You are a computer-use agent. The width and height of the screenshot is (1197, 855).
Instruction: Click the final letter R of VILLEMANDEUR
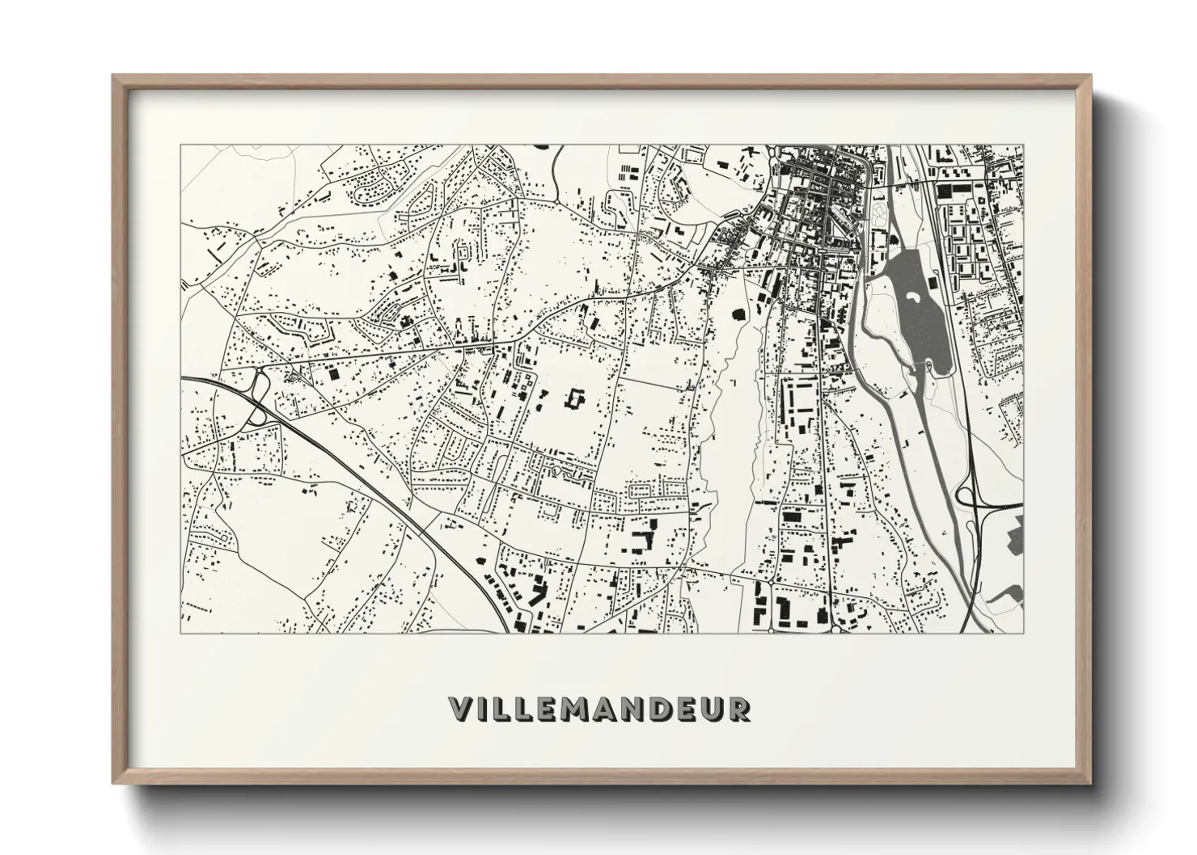739,709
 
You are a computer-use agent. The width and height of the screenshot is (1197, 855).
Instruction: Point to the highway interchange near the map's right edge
967,495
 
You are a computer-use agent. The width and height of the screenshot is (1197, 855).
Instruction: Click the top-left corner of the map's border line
181,145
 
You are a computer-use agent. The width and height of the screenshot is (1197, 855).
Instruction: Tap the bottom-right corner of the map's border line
1023,633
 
